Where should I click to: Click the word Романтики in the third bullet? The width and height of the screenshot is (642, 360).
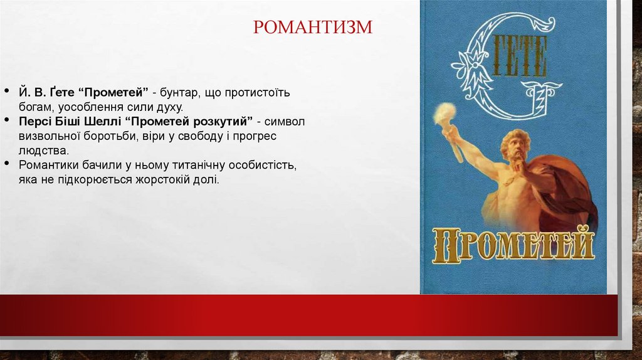click(48, 166)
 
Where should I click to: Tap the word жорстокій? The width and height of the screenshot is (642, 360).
click(161, 181)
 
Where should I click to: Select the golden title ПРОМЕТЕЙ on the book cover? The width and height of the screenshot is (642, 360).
click(513, 245)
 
